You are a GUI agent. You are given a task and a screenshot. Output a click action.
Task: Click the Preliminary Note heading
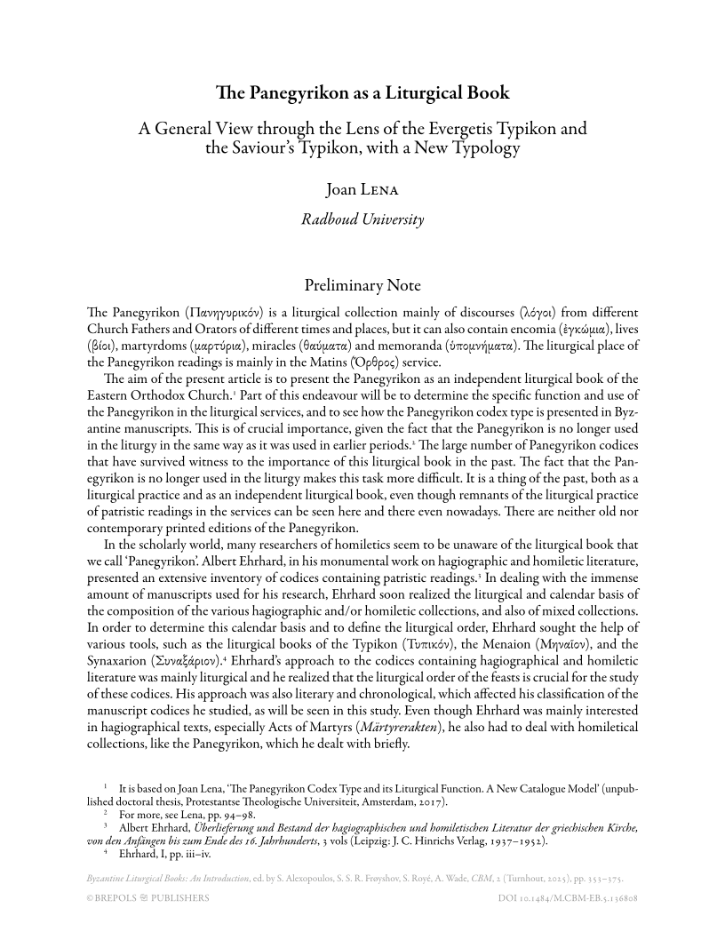[362, 286]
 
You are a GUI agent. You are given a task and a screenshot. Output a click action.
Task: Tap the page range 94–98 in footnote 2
[235, 814]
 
